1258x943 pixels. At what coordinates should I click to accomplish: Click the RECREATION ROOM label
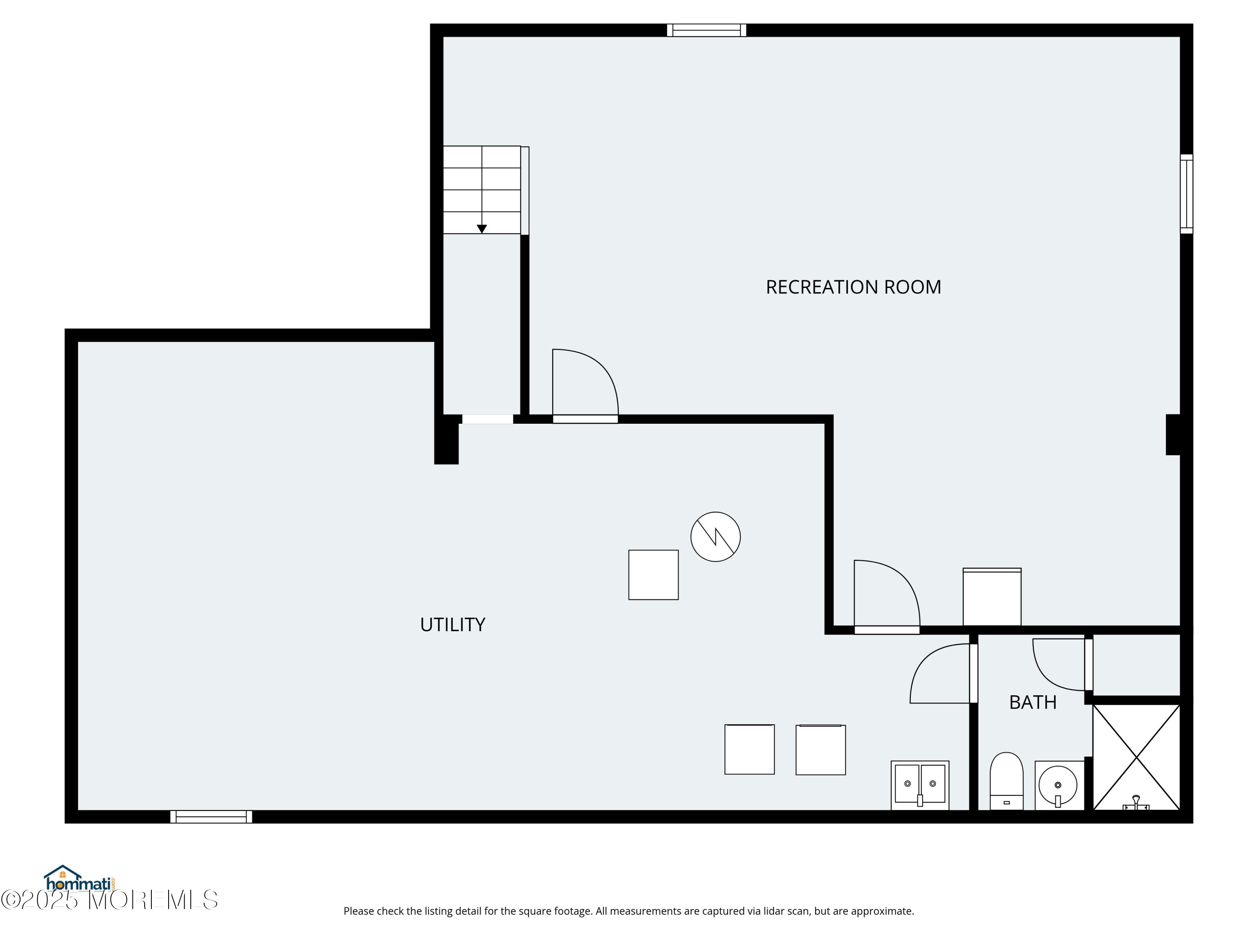pyautogui.click(x=853, y=287)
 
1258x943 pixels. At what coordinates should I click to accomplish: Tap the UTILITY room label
pyautogui.click(x=452, y=625)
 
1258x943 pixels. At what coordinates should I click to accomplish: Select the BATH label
pyautogui.click(x=1033, y=702)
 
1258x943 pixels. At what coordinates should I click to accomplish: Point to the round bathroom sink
pyautogui.click(x=1058, y=785)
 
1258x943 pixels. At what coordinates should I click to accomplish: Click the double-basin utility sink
pyautogui.click(x=920, y=785)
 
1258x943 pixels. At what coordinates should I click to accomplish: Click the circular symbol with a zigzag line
pyautogui.click(x=715, y=536)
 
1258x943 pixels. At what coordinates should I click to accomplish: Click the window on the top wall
pyautogui.click(x=706, y=30)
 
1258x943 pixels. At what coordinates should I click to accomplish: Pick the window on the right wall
pyautogui.click(x=1186, y=194)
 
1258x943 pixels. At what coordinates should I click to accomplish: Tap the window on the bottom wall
pyautogui.click(x=211, y=817)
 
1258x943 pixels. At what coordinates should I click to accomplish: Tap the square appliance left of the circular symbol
pyautogui.click(x=653, y=575)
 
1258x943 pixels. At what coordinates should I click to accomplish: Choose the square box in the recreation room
pyautogui.click(x=992, y=597)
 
